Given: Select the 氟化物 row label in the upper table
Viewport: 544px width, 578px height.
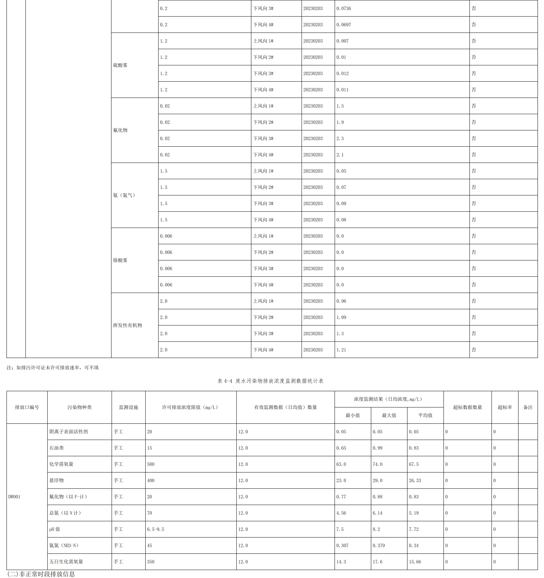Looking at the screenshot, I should (120, 130).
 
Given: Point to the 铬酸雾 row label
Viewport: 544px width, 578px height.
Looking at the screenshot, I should (120, 260).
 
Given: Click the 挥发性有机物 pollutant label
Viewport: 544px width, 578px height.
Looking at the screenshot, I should (128, 325).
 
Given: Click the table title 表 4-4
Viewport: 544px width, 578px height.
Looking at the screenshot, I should (270, 381).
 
